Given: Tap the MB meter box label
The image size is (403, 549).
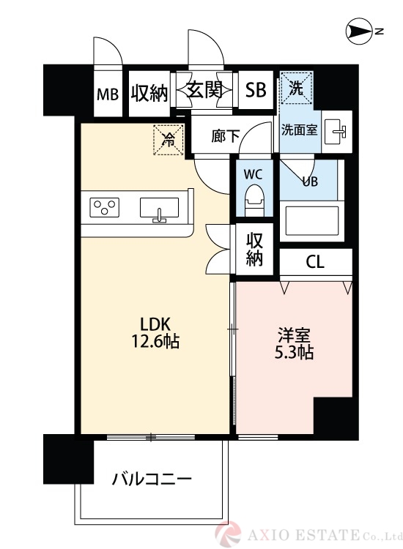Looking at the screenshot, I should point(108,94).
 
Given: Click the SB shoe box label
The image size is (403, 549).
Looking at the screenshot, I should point(256,91).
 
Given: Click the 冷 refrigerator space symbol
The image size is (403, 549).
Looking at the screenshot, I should point(168,140).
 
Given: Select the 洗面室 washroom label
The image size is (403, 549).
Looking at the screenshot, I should point(300,130).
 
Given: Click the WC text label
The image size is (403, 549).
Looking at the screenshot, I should point(253,175).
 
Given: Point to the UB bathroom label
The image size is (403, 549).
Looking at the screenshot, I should point(310,182).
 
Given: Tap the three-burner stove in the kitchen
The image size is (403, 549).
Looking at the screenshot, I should point(105,208).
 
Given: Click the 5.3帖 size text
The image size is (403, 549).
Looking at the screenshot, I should point(295,353).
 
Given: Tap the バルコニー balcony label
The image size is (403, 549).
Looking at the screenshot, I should point(152,480).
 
